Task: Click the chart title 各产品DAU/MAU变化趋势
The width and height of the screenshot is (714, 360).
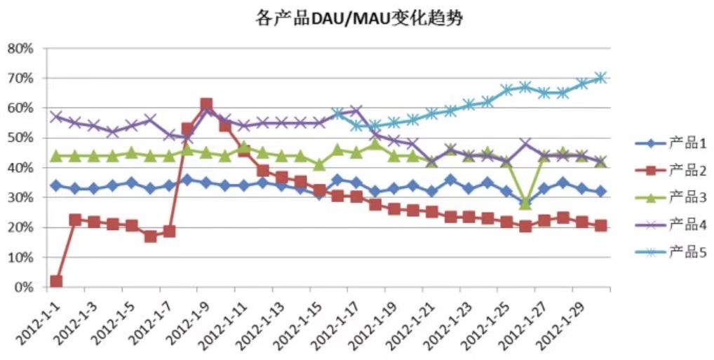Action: [358, 18]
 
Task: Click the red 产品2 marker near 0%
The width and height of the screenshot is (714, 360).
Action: [56, 281]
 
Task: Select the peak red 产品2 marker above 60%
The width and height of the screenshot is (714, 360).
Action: [206, 105]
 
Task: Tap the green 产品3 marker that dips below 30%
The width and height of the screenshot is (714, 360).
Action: [525, 204]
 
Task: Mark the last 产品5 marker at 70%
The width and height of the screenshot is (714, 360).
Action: [601, 78]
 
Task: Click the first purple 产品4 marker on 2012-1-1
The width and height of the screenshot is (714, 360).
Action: [56, 116]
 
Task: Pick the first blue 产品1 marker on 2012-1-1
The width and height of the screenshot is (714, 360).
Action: [56, 186]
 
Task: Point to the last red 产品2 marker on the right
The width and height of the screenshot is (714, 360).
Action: [601, 226]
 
